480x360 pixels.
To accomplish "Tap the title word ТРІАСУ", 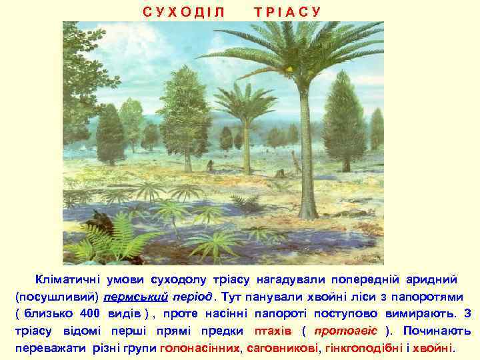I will coord(287,12).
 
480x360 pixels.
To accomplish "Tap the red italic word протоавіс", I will coord(346,331).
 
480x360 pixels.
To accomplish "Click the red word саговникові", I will coord(283,348).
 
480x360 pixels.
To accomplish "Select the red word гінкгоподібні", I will coord(358,348).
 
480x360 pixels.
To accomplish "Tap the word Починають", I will coord(437,331).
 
